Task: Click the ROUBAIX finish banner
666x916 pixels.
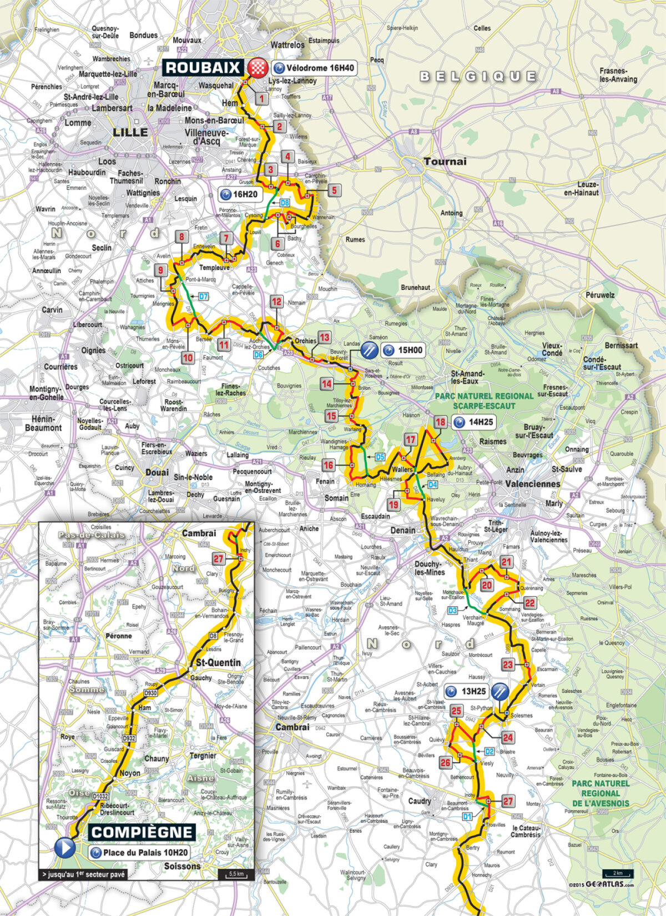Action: (203, 68)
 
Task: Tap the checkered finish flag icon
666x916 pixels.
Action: (256, 68)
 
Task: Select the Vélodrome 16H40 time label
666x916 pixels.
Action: (314, 68)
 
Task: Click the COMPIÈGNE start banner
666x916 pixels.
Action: (142, 832)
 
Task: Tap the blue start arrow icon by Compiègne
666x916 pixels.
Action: (65, 848)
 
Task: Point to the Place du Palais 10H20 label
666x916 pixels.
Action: (139, 852)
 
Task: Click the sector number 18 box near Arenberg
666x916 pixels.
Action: (440, 422)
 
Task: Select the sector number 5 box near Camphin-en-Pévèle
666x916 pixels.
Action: (334, 190)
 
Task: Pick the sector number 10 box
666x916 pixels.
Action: (188, 358)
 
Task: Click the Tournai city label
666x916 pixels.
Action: (445, 162)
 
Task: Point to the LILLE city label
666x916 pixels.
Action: (130, 132)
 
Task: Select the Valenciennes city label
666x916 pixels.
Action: (533, 484)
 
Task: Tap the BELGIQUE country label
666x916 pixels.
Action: (478, 76)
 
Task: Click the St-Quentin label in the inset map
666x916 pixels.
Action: (218, 662)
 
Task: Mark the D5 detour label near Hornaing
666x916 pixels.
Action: (380, 457)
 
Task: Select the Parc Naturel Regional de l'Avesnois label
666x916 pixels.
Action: (601, 793)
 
